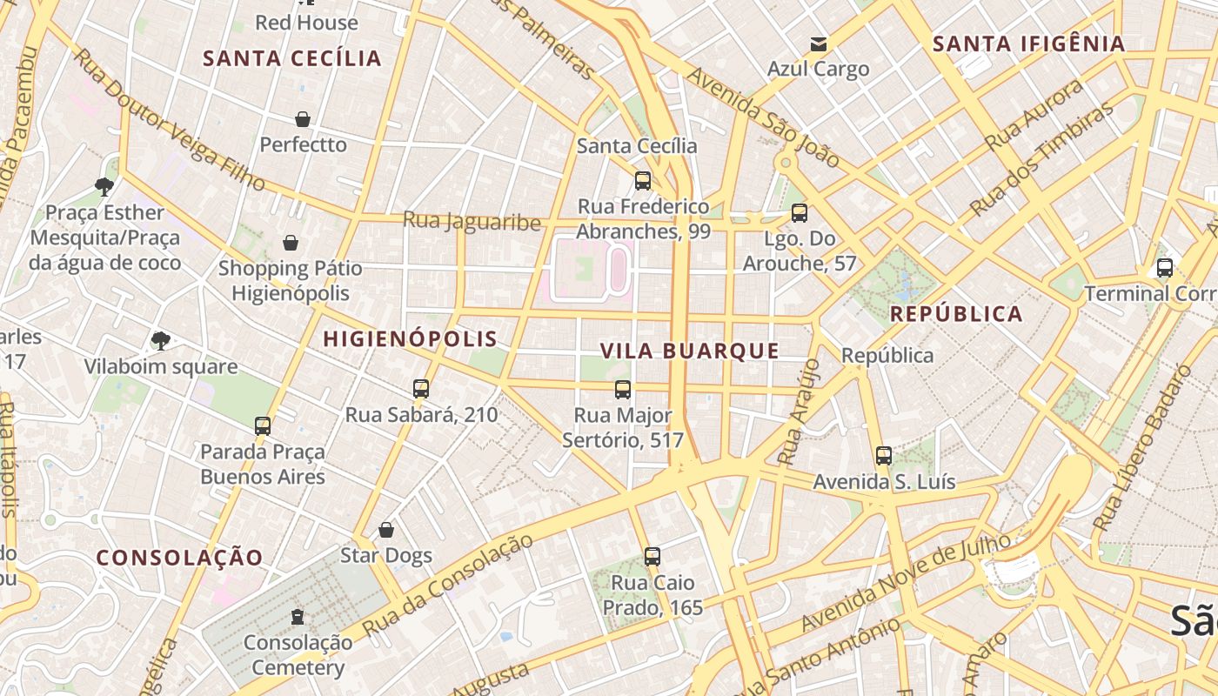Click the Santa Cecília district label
click(x=292, y=58)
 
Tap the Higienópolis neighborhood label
click(x=410, y=339)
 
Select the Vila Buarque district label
click(x=690, y=351)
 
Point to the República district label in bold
click(x=956, y=314)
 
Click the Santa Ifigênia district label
click(x=1028, y=43)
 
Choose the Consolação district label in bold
click(x=179, y=558)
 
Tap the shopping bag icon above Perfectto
click(x=303, y=119)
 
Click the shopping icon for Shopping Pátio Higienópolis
click(x=291, y=243)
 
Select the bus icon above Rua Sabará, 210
click(x=421, y=389)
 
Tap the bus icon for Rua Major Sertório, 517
click(x=623, y=389)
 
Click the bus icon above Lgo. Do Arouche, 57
click(x=800, y=213)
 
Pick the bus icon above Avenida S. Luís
click(x=884, y=455)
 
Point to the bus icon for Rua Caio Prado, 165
click(x=652, y=557)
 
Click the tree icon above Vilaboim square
click(x=160, y=340)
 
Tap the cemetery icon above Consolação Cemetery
click(x=298, y=617)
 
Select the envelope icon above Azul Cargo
click(x=818, y=43)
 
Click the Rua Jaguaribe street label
click(x=472, y=222)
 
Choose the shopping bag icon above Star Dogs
click(x=386, y=530)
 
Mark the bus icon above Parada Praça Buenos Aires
click(x=263, y=426)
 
